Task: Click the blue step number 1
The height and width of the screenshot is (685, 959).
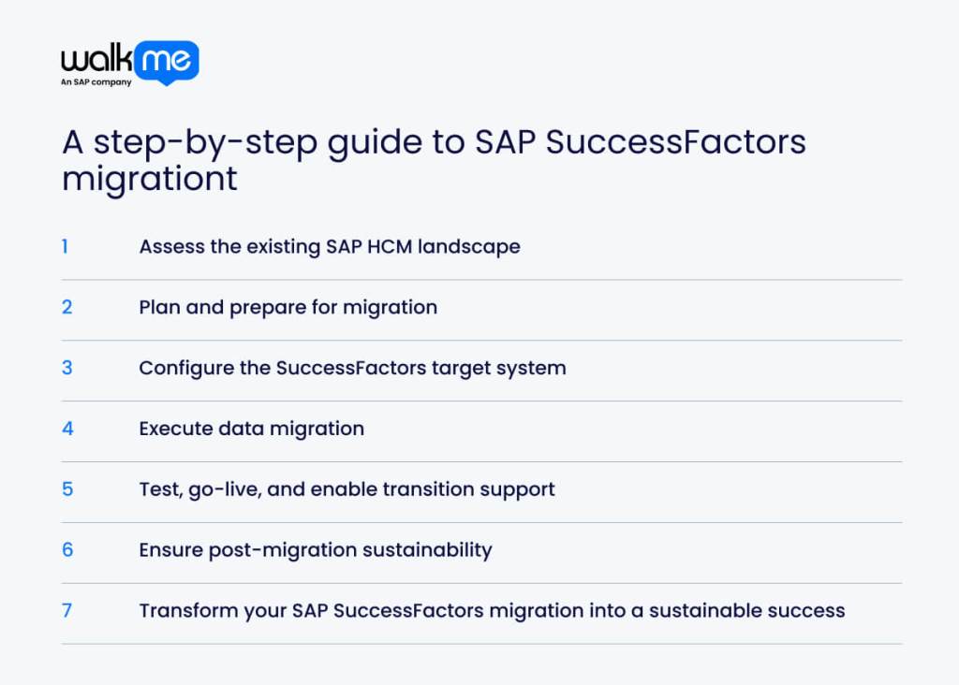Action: (65, 246)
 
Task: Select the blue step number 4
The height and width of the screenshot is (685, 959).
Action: (67, 429)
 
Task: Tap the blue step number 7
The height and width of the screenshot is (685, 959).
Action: (67, 610)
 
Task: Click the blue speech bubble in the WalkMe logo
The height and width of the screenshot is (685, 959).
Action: (166, 62)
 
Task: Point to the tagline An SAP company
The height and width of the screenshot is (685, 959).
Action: (96, 82)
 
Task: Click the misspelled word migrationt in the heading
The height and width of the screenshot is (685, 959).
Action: (150, 179)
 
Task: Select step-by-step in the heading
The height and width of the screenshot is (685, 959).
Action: (201, 143)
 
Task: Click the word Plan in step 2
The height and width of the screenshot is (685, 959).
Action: (159, 307)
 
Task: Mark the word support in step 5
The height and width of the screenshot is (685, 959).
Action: (518, 489)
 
